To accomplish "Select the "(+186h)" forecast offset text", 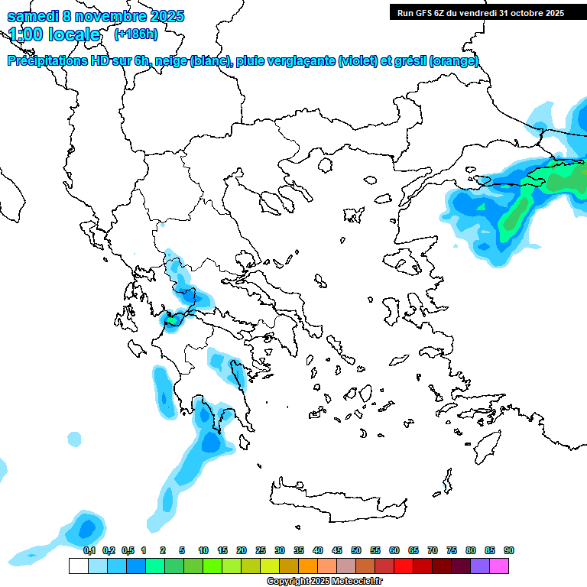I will click(135, 34).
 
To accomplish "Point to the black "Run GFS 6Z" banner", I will click(478, 12).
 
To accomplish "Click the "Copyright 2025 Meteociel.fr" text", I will click(325, 582).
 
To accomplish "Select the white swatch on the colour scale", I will click(78, 566).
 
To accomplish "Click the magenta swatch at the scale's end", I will click(499, 566).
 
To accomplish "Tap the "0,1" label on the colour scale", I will click(89, 551).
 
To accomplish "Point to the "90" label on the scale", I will click(508, 551).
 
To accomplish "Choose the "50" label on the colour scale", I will click(356, 551).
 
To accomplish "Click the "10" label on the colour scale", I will click(203, 551).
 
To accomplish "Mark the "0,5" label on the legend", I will click(128, 551).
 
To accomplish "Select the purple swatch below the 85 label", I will click(480, 566).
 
